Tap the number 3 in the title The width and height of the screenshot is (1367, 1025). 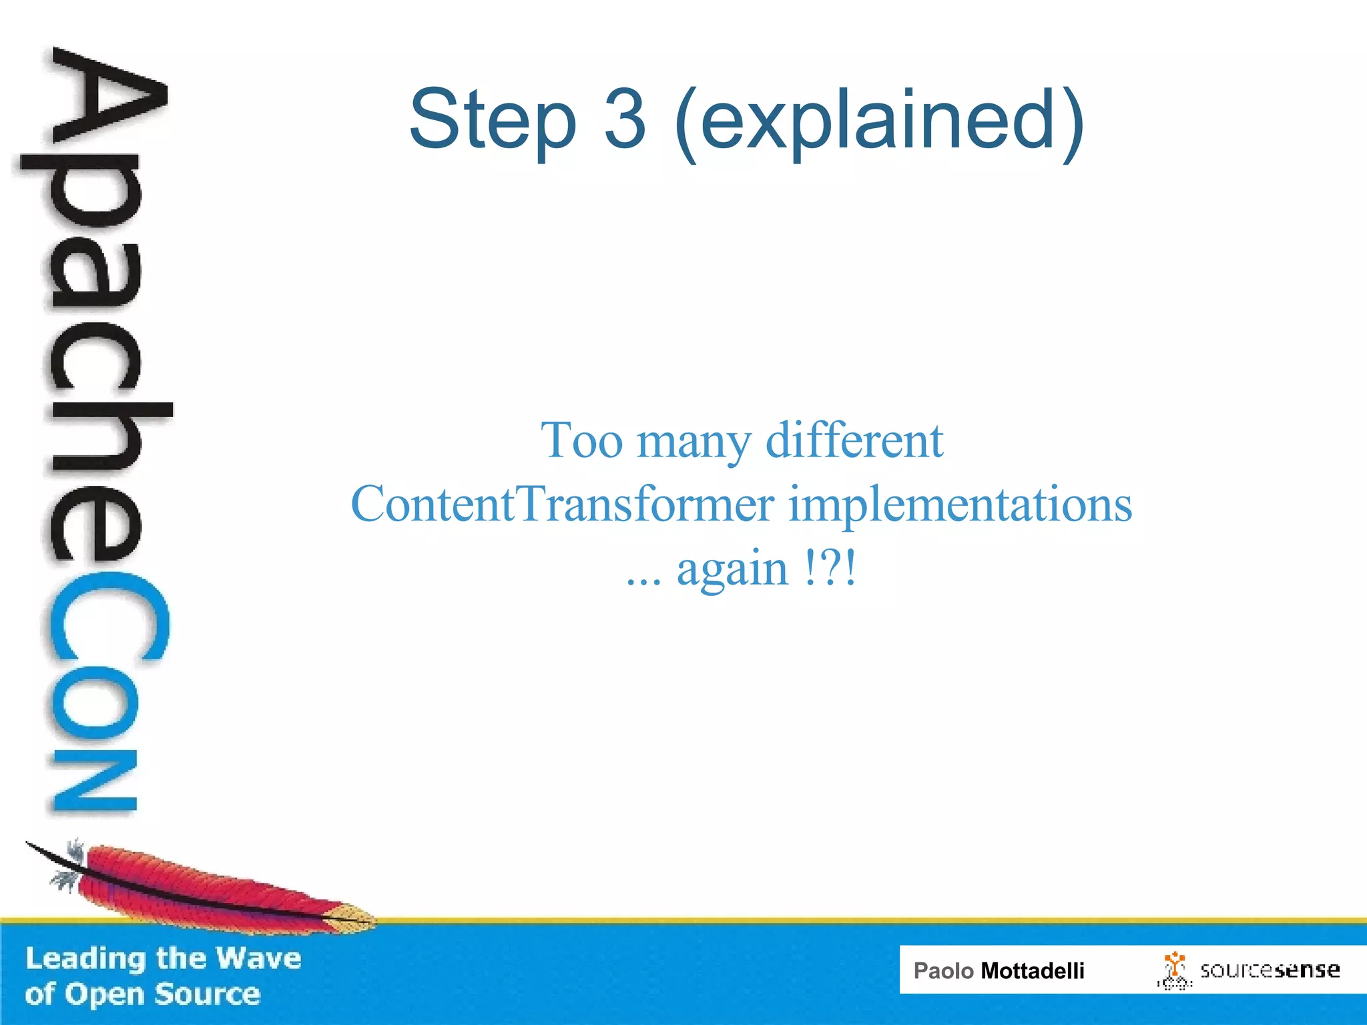click(x=625, y=120)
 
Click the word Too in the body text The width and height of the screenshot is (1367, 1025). click(x=581, y=440)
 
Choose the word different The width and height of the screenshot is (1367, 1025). click(x=854, y=440)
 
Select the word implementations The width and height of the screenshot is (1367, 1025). click(x=961, y=505)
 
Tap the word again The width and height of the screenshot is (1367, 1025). click(x=732, y=570)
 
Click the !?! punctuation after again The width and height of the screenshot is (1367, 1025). click(x=830, y=569)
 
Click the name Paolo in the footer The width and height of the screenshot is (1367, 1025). click(x=943, y=971)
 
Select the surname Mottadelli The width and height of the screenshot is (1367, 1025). click(x=1032, y=971)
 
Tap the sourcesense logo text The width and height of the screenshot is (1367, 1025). click(x=1270, y=970)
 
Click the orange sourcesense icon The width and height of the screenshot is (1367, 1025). click(x=1173, y=969)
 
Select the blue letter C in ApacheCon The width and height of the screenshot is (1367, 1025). click(x=107, y=624)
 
